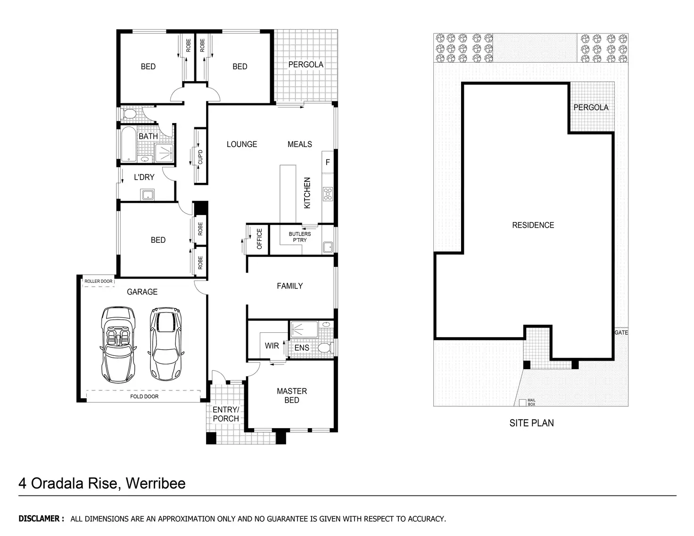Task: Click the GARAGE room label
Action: coord(142,292)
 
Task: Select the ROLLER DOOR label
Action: coord(99,281)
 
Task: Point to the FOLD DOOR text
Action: coord(144,396)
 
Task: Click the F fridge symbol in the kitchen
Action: coord(328,162)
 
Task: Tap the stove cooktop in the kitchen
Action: coord(328,193)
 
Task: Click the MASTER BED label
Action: coord(291,396)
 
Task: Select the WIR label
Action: coord(272,346)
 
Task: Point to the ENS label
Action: coord(302,348)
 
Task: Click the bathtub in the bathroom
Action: coord(128,144)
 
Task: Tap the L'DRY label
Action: coord(144,177)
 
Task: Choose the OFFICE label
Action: coord(259,239)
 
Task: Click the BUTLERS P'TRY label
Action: coord(300,237)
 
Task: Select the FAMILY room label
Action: coord(289,286)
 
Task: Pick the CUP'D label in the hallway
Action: coord(200,157)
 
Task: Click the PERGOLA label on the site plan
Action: coord(591,107)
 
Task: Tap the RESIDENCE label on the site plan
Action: coord(533,225)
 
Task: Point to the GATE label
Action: coord(621,333)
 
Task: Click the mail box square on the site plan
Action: coord(523,403)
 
